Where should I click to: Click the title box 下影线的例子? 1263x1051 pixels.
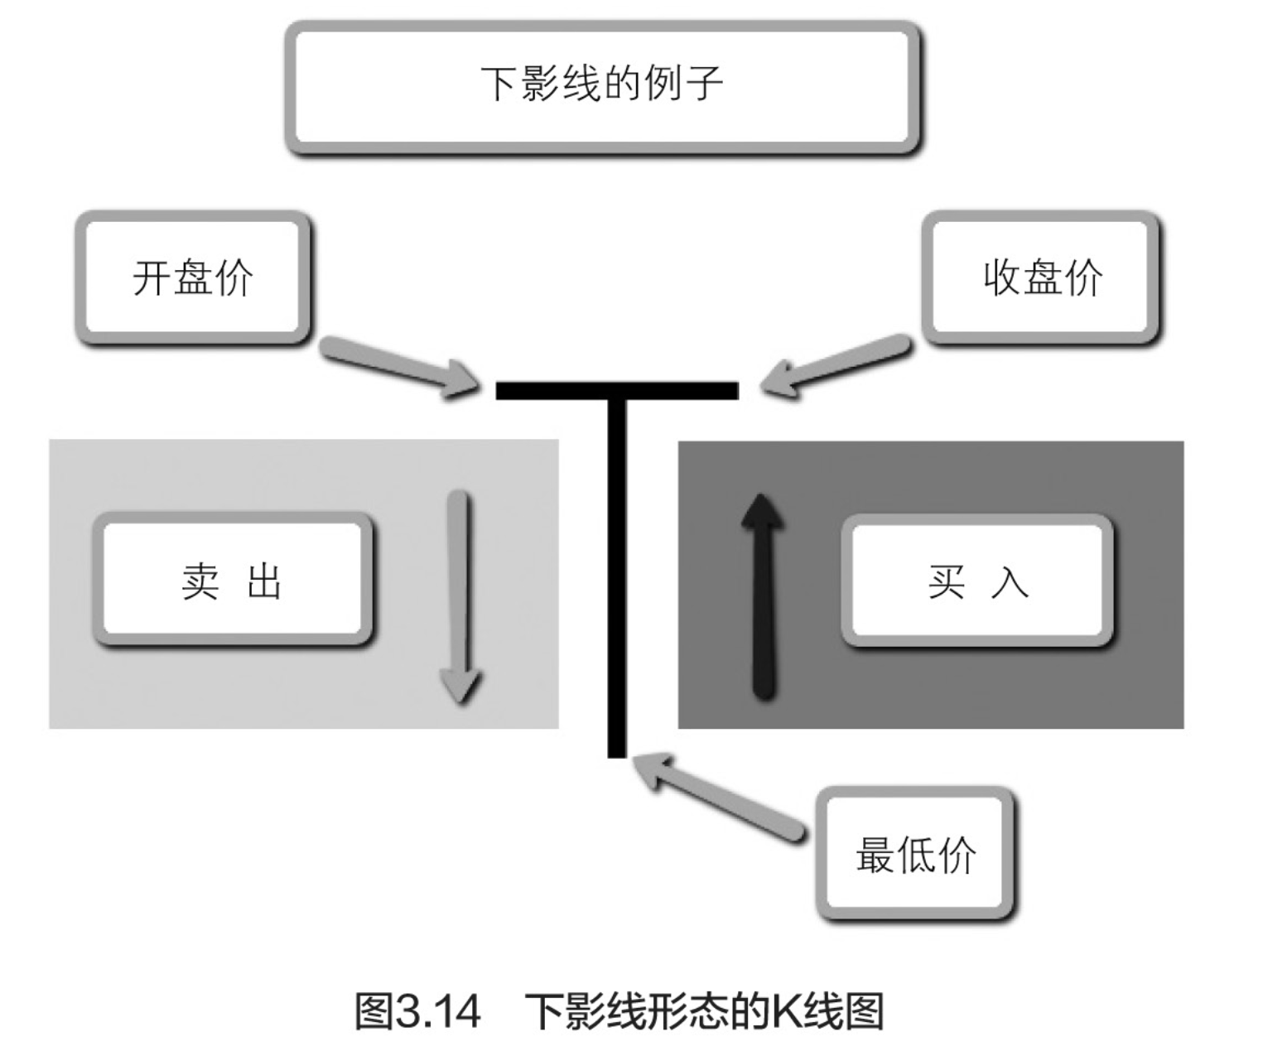point(602,87)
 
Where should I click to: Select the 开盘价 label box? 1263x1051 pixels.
point(193,277)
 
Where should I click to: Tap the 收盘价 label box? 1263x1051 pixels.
point(1041,277)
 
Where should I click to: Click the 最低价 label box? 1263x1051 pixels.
point(915,854)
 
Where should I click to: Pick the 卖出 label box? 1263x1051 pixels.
point(233,580)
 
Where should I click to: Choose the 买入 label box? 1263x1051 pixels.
point(977,581)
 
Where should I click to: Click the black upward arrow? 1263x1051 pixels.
point(763,596)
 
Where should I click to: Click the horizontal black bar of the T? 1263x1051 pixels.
point(616,390)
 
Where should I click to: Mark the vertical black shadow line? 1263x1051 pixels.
point(617,580)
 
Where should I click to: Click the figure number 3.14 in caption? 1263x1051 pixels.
point(438,1011)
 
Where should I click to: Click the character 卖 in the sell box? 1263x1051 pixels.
point(200,581)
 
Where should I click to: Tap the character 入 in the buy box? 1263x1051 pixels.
point(1010,581)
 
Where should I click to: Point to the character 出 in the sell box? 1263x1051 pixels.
point(265,581)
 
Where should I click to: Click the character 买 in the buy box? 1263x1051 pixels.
point(947,581)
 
